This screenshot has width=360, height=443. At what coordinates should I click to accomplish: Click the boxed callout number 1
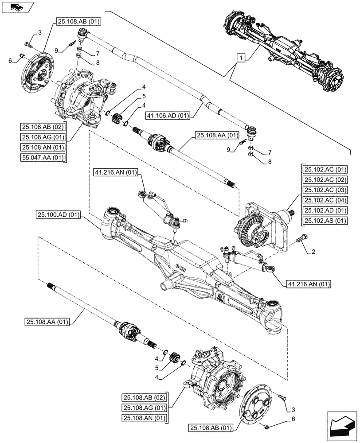point(240,58)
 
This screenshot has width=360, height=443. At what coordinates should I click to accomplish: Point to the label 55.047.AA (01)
point(43,157)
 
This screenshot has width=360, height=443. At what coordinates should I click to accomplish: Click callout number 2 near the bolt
point(313,252)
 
